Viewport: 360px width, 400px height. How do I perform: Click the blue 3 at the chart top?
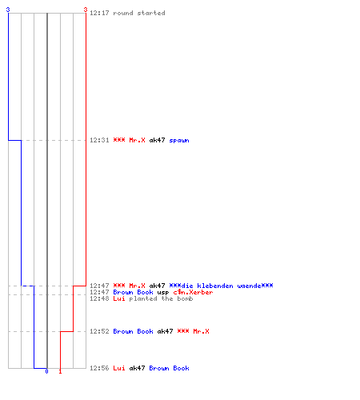tap(8, 10)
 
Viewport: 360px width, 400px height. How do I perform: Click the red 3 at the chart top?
tap(86, 10)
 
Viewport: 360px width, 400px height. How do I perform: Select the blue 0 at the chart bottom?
tap(46, 371)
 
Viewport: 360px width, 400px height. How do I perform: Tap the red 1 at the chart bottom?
tap(60, 371)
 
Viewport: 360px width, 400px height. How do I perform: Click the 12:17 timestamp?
tap(99, 13)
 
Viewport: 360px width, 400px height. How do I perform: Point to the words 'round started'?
tap(139, 13)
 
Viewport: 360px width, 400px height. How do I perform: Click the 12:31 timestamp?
tap(99, 140)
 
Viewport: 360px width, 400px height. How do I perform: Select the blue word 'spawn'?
tap(179, 141)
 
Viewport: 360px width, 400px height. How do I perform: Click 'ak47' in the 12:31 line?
tap(157, 140)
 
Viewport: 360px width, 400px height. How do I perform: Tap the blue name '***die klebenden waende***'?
tap(221, 286)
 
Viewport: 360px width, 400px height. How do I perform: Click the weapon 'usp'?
tap(163, 293)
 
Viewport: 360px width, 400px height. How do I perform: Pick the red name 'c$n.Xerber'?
tap(193, 292)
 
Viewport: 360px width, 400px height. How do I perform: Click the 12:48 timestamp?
tap(99, 298)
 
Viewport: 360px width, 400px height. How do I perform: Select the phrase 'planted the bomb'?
tap(161, 298)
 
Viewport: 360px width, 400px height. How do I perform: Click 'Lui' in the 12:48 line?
tap(119, 298)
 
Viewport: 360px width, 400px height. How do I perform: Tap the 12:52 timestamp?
tap(99, 331)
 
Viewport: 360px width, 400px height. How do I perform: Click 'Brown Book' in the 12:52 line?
tap(133, 331)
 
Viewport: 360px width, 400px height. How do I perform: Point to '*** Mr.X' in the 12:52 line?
tap(193, 331)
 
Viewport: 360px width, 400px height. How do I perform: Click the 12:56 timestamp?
tap(99, 368)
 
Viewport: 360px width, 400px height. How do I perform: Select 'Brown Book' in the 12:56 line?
tap(169, 368)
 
